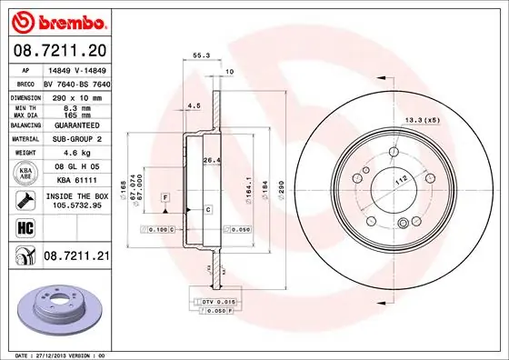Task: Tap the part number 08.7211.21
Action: pyautogui.click(x=76, y=257)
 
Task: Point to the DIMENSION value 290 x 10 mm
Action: pyautogui.click(x=75, y=96)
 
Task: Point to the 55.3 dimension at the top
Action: pyautogui.click(x=197, y=55)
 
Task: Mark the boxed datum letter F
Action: pyautogui.click(x=166, y=196)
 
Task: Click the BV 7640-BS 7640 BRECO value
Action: pyautogui.click(x=76, y=82)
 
